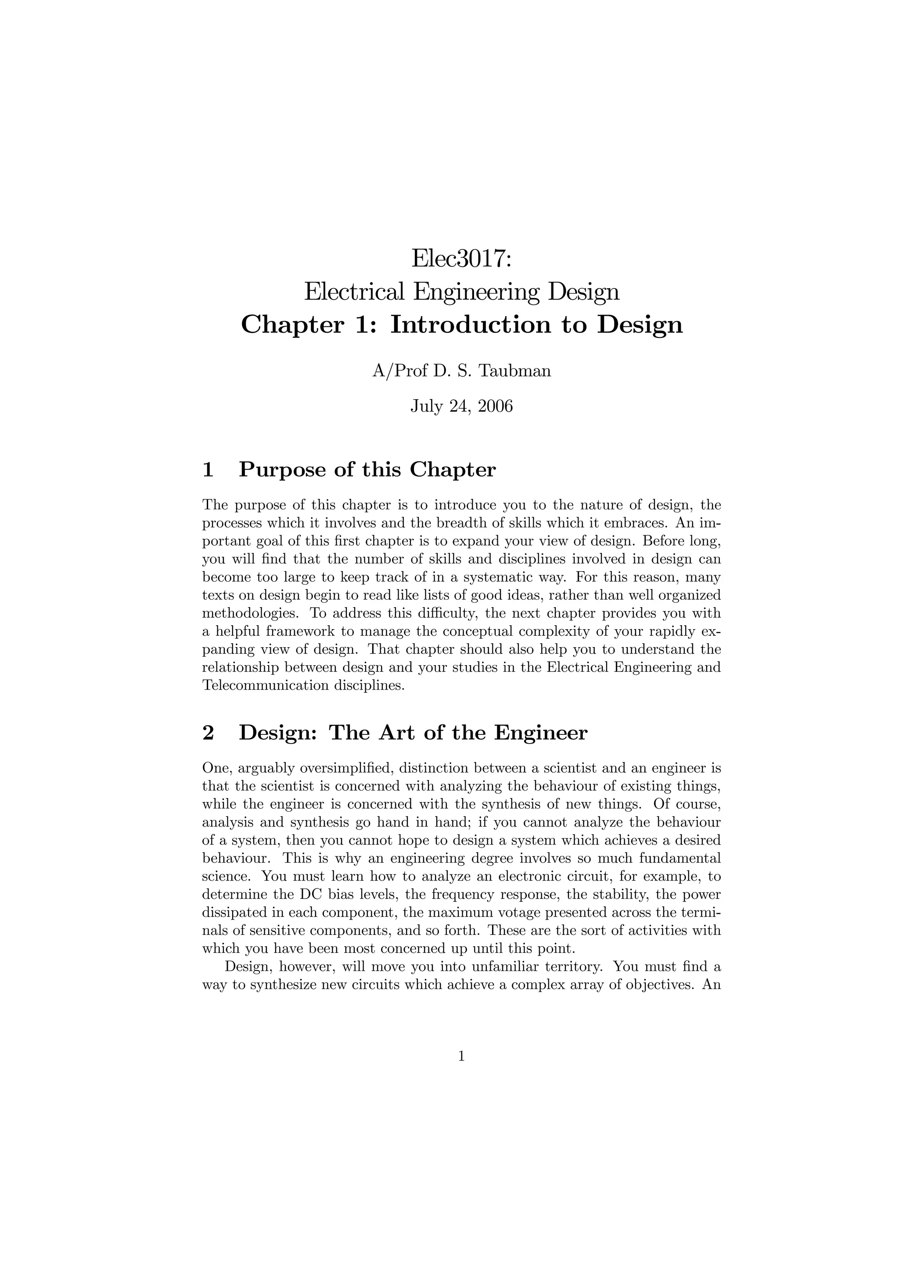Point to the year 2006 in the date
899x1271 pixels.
pos(495,406)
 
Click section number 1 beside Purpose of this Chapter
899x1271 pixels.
pos(208,470)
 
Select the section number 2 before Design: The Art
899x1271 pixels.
pos(208,733)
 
